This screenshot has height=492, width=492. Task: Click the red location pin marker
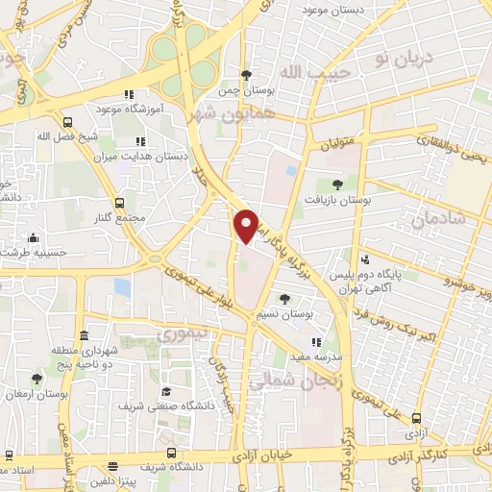click(x=247, y=226)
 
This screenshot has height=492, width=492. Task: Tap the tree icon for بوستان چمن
click(x=247, y=75)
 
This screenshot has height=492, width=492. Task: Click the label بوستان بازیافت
click(x=337, y=201)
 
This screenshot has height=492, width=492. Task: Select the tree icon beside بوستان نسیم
click(x=283, y=300)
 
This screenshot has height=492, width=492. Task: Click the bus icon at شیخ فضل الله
click(x=67, y=122)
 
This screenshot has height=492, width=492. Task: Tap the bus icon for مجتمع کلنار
click(x=119, y=203)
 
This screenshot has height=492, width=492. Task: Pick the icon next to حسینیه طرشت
click(x=34, y=237)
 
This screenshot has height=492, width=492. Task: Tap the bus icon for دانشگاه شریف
click(x=171, y=453)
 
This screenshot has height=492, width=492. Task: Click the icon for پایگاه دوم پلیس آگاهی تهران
click(x=365, y=258)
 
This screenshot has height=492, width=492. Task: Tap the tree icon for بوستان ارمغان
click(x=37, y=380)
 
